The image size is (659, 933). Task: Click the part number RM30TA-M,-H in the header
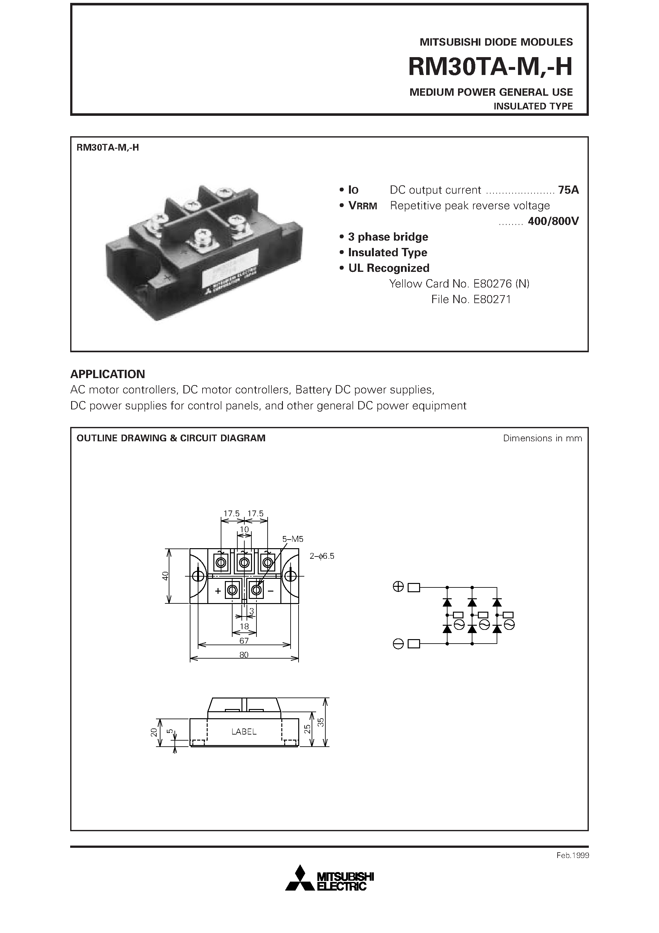[490, 67]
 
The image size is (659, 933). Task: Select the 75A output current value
[568, 190]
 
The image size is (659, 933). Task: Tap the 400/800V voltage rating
[553, 221]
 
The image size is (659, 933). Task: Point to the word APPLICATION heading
[108, 374]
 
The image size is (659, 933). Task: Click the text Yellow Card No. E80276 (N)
[459, 284]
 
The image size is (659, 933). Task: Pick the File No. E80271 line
[471, 300]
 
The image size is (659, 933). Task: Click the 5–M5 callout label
[293, 539]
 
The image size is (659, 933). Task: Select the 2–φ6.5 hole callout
[322, 556]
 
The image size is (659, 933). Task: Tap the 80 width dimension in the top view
[244, 655]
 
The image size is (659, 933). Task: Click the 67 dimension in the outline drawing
[244, 641]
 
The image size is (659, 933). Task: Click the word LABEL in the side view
[244, 731]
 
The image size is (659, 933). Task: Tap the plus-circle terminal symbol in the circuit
[398, 587]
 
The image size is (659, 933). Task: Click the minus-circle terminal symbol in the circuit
[398, 644]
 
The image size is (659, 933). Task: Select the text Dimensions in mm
[542, 438]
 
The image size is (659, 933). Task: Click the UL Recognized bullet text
[389, 268]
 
